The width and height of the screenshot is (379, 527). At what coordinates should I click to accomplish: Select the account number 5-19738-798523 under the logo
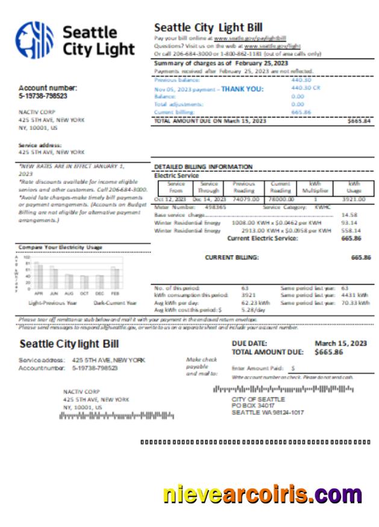coord(43,96)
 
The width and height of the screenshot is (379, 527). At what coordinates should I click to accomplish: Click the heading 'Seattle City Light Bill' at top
coord(208,27)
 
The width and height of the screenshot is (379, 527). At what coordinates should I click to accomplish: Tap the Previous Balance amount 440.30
coord(301,80)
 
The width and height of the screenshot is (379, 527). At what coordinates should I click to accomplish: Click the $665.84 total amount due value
coord(359,121)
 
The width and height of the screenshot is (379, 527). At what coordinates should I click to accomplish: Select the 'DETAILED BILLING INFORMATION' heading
coord(203,166)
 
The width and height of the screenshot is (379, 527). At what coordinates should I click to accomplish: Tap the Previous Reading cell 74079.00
coord(246,199)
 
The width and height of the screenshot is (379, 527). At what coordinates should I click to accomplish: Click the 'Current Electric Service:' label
coord(262,238)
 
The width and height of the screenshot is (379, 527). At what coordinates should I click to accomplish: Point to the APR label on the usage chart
coord(39,293)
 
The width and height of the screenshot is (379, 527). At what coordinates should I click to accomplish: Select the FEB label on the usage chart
coord(114,293)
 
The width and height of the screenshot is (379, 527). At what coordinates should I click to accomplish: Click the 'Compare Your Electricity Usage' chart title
coord(60,247)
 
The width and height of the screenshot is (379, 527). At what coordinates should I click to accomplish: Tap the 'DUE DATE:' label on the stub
coord(249,343)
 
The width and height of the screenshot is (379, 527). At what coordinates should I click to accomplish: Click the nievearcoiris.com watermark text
coord(262,495)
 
